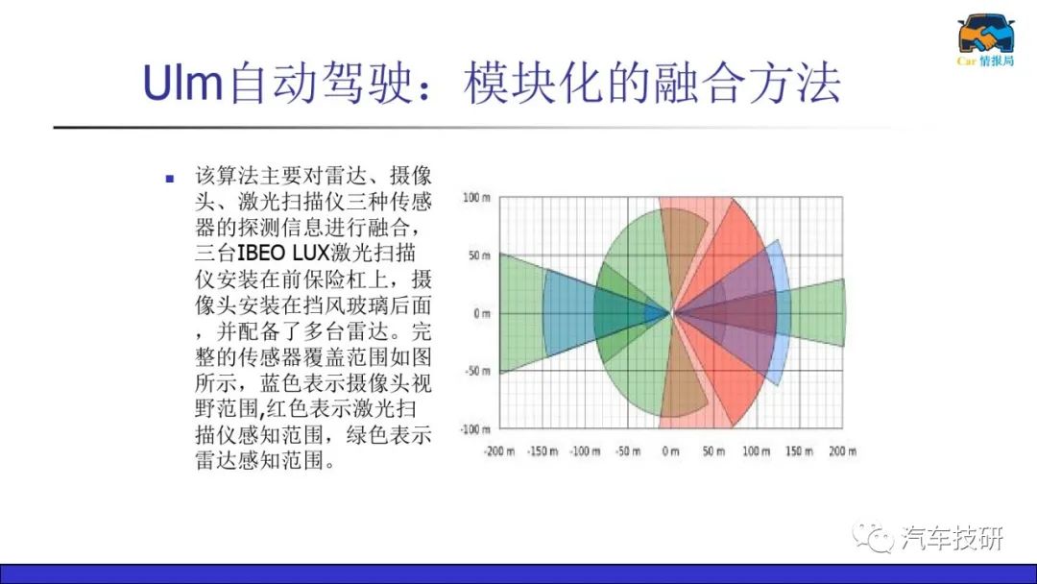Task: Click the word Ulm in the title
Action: click(182, 83)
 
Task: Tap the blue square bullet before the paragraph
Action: click(170, 178)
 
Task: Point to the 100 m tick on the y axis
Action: click(476, 197)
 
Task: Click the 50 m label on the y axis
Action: click(479, 255)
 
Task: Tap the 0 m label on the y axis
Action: click(482, 313)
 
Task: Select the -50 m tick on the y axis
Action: click(477, 371)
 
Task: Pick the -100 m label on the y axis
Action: click(475, 429)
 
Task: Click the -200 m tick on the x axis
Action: click(499, 451)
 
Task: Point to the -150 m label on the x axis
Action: click(543, 451)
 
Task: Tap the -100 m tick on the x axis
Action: click(586, 451)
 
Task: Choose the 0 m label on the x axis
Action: click(670, 451)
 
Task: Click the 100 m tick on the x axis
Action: click(756, 451)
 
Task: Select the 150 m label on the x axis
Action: click(799, 451)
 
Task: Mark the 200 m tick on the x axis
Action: click(843, 451)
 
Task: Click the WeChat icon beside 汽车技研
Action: click(873, 537)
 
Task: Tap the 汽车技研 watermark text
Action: click(953, 538)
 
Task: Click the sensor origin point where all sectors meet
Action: click(671, 313)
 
